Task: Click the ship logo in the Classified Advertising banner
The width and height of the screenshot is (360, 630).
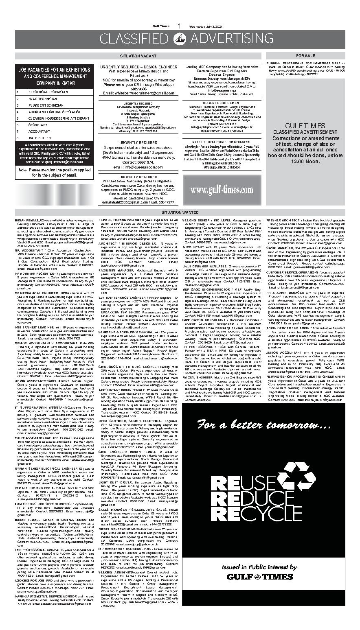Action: (x=180, y=39)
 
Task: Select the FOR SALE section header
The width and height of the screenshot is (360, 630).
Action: (x=305, y=55)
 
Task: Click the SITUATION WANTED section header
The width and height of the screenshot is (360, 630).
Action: (x=180, y=212)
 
